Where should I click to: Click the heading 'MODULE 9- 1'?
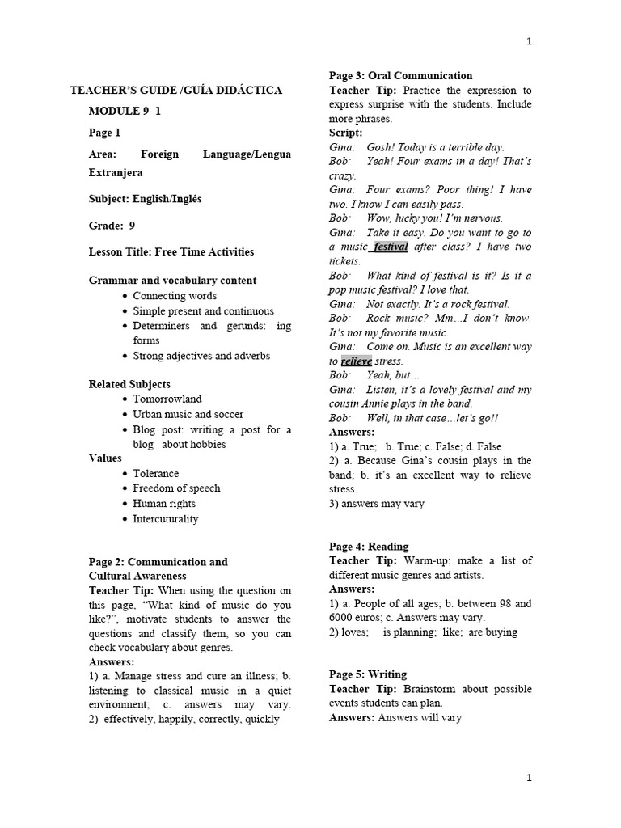click(125, 111)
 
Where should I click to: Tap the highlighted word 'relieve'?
click(356, 361)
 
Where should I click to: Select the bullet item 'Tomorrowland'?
click(167, 399)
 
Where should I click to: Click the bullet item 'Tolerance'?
click(155, 473)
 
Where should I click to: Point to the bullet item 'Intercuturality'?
click(165, 518)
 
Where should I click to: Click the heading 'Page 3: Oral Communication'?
click(400, 75)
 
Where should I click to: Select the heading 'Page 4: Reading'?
click(368, 546)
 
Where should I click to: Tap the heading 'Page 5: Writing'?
click(367, 674)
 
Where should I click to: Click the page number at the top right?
click(529, 42)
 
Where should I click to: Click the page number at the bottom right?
click(529, 778)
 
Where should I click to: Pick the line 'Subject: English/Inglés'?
click(145, 199)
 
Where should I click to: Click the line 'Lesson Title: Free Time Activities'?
click(171, 251)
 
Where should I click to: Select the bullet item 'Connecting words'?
click(175, 296)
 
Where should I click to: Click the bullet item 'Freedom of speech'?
click(176, 488)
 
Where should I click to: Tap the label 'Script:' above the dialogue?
click(345, 133)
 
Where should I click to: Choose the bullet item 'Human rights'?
click(165, 503)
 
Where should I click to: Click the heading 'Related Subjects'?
click(129, 384)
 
